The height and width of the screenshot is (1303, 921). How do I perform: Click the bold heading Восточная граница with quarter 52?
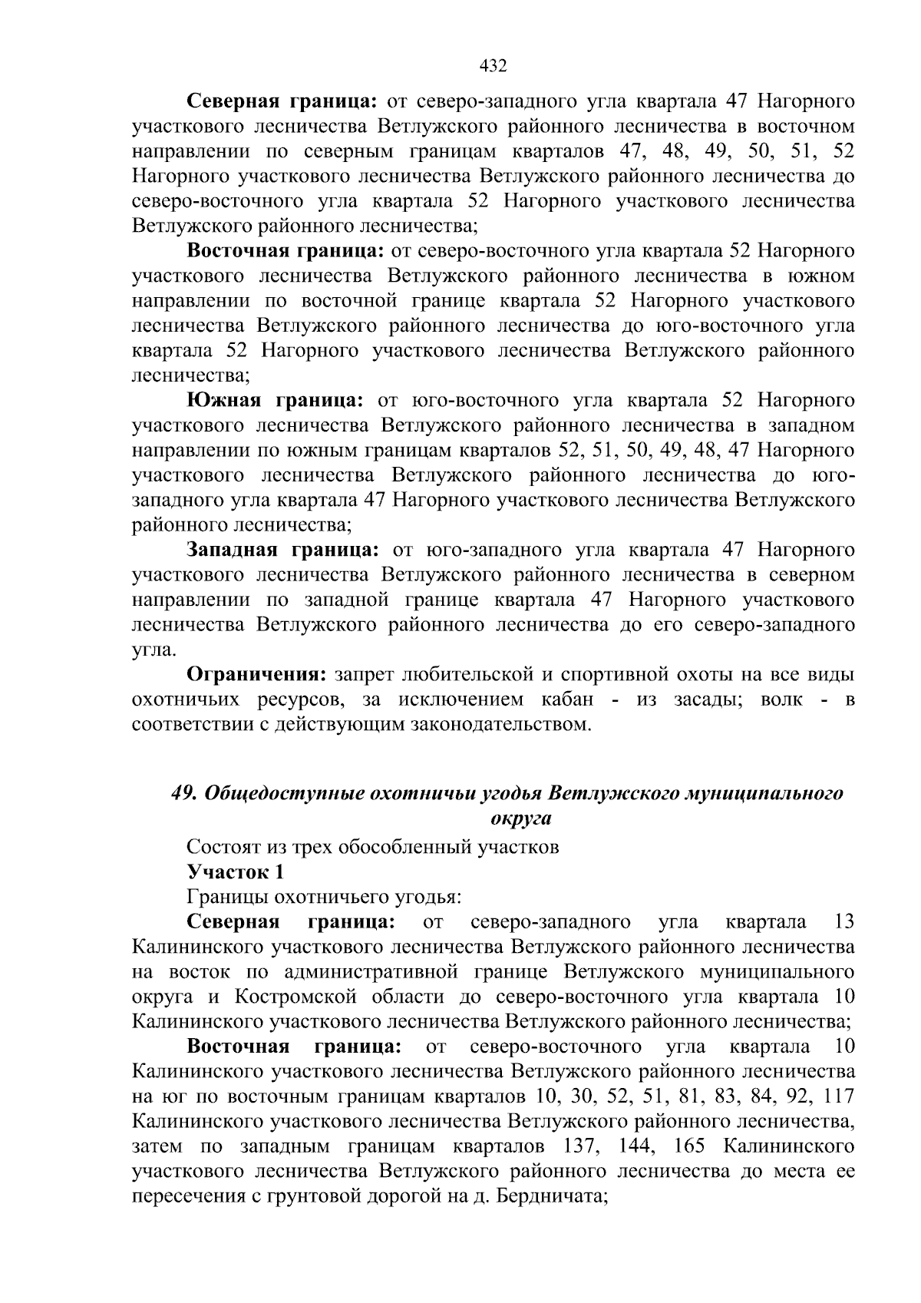point(286,251)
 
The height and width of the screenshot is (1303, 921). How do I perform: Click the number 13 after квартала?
point(843,922)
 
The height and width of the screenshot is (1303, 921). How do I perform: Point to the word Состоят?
point(218,848)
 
